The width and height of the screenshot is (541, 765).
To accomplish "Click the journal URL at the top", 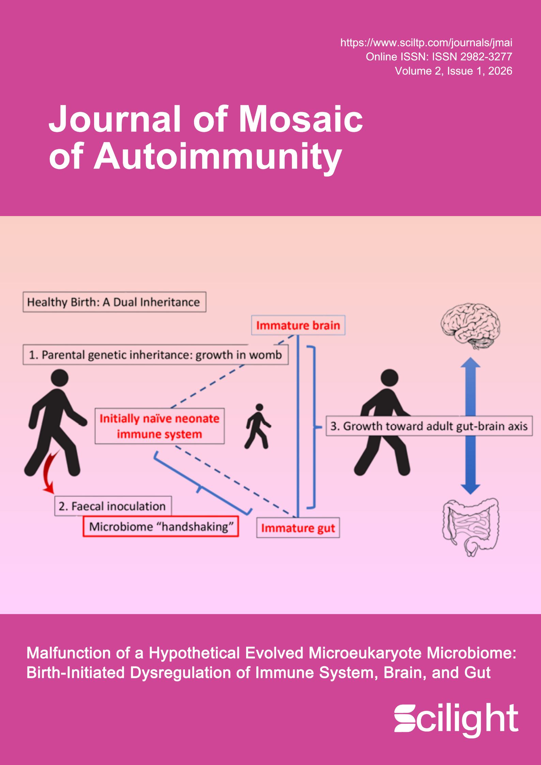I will [x=426, y=43].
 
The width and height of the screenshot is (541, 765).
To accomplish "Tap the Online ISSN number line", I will [x=439, y=57].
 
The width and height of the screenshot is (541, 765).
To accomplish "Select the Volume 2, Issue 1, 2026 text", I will [x=453, y=71].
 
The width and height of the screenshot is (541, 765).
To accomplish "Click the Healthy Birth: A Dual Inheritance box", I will [x=114, y=302].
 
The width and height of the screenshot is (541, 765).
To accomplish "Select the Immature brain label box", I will [x=298, y=325].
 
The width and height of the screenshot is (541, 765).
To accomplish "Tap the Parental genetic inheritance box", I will [x=155, y=355].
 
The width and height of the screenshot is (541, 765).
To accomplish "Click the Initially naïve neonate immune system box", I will [x=160, y=426].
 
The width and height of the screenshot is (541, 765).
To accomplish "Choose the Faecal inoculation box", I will [x=113, y=506].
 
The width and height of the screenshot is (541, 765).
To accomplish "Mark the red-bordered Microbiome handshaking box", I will [x=161, y=527].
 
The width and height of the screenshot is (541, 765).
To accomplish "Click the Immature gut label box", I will [x=298, y=529].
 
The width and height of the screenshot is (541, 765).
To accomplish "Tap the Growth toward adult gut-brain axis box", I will [x=429, y=426].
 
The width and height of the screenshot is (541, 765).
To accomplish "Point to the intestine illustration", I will [x=471, y=525].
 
